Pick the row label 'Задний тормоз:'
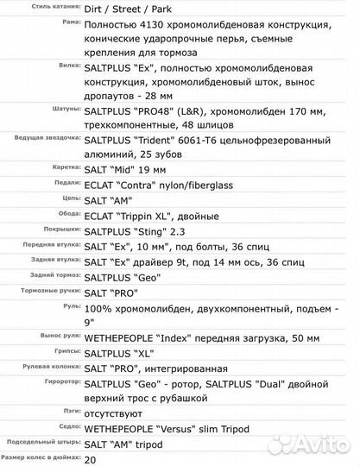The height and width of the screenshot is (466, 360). [54, 275]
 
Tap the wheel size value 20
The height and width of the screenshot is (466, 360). [92, 460]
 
